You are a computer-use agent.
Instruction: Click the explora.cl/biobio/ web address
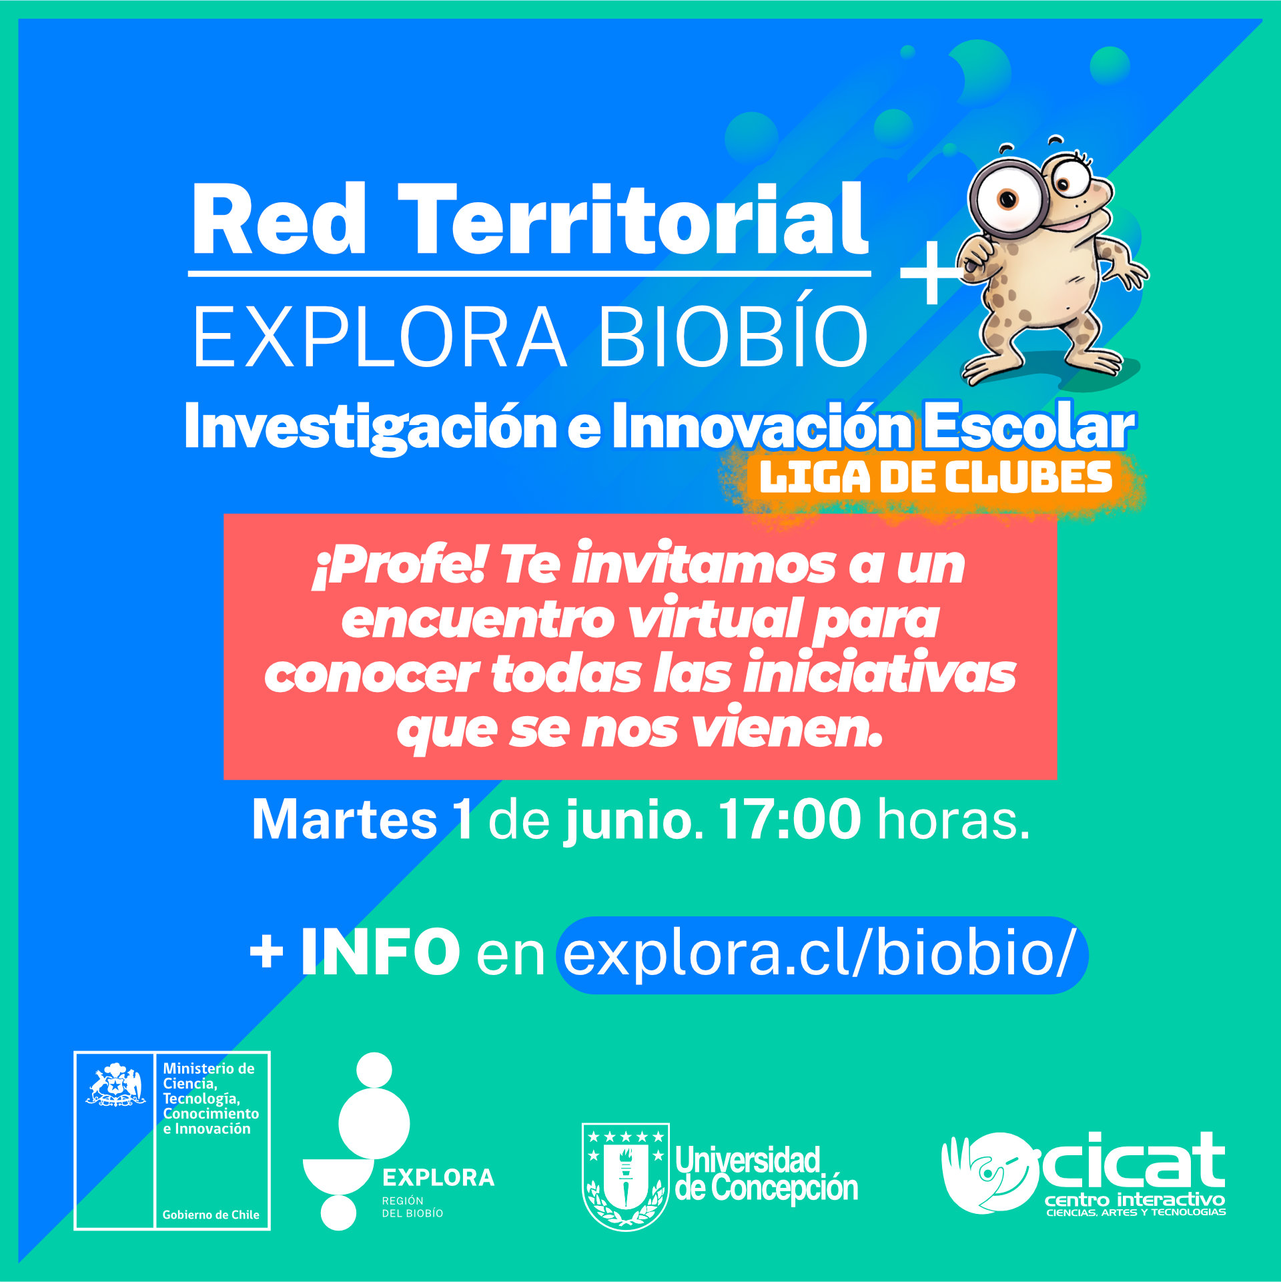[821, 954]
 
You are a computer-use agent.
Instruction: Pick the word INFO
[380, 951]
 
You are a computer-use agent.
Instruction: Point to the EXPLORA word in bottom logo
[438, 1177]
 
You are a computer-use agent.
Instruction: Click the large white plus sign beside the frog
[933, 272]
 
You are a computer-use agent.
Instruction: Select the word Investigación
[371, 427]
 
